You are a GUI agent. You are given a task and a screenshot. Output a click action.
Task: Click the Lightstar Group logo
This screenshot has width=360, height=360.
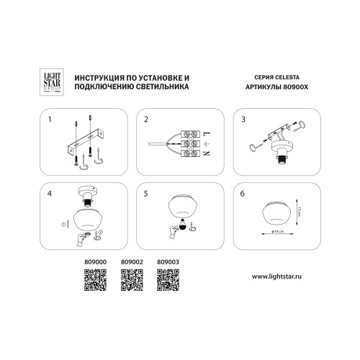pyautogui.click(x=52, y=82)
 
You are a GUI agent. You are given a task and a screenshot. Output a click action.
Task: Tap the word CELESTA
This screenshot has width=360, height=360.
pyautogui.click(x=287, y=77)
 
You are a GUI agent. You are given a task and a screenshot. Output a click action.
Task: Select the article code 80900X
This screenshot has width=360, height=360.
pyautogui.click(x=296, y=87)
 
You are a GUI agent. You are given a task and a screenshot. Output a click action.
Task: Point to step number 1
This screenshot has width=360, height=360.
pyautogui.click(x=50, y=120)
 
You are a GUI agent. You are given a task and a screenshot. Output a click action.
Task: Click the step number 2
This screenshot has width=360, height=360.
pyautogui.click(x=146, y=120)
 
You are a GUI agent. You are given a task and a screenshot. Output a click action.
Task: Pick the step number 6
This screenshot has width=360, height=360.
pyautogui.click(x=243, y=194)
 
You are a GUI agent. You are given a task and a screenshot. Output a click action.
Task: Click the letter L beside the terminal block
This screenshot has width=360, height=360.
pyautogui.click(x=207, y=133)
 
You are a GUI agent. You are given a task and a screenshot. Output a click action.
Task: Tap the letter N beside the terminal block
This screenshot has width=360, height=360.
pyautogui.click(x=207, y=153)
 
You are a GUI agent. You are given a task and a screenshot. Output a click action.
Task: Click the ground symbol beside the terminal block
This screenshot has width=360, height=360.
pyautogui.click(x=207, y=143)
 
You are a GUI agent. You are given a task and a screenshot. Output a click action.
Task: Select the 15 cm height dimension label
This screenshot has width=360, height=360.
pyautogui.click(x=299, y=212)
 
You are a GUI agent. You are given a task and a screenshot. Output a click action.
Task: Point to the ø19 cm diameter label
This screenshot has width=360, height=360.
pyautogui.click(x=277, y=231)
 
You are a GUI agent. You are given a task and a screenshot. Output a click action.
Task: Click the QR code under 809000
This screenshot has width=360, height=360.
pyautogui.click(x=95, y=280)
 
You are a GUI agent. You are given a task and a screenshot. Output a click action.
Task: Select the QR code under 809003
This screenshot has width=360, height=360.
pyautogui.click(x=168, y=280)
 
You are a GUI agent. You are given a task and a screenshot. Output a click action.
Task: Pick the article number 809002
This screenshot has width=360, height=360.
pyautogui.click(x=132, y=262)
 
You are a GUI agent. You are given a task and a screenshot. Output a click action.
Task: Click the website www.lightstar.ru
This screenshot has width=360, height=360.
pyautogui.click(x=276, y=276)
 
